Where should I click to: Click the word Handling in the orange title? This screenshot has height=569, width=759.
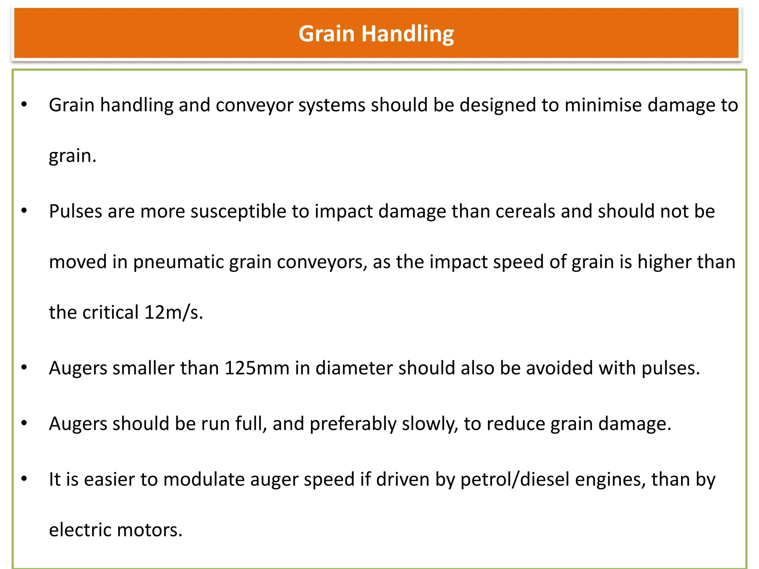(x=407, y=34)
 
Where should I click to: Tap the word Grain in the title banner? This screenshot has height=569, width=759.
(x=327, y=34)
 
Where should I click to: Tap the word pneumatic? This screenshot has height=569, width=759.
(x=178, y=262)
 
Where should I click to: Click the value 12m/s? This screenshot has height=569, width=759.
(x=173, y=312)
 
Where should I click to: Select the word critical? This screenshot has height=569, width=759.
(x=110, y=312)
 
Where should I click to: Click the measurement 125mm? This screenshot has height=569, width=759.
(x=257, y=368)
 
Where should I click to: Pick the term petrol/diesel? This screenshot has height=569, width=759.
(x=515, y=479)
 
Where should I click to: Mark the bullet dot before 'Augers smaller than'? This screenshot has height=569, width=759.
(x=24, y=367)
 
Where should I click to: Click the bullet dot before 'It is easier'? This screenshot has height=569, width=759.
(x=24, y=479)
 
